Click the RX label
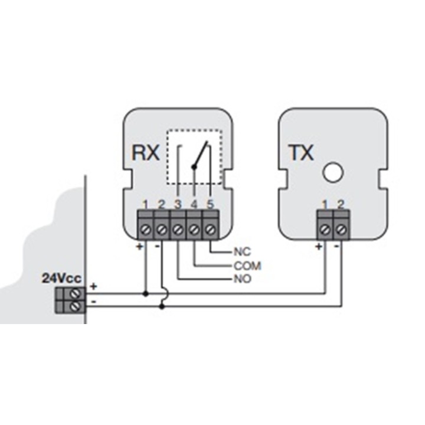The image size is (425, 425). tap(145, 152)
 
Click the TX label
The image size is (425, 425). tap(301, 152)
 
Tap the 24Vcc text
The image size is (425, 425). tap(61, 278)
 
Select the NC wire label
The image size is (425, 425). tap(243, 252)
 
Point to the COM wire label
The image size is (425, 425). tap(247, 266)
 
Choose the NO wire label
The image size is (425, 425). tap(243, 279)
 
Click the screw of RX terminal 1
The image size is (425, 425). tap(146, 230)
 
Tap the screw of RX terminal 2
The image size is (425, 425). tap(162, 230)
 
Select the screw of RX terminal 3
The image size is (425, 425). tap(178, 230)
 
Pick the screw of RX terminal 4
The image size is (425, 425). tap(194, 230)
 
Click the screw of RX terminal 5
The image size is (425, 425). tap(210, 230)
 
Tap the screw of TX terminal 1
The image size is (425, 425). tap(325, 230)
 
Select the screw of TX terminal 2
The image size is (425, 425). tap(341, 230)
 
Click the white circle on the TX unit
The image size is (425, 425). tap(333, 172)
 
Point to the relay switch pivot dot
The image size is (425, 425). tap(194, 167)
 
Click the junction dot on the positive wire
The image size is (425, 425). tap(146, 293)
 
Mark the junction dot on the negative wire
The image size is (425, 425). tap(162, 306)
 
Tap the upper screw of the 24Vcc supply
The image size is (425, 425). tap(76, 293)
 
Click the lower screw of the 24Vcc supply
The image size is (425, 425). tap(76, 306)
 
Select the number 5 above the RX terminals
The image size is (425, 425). tap(210, 204)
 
